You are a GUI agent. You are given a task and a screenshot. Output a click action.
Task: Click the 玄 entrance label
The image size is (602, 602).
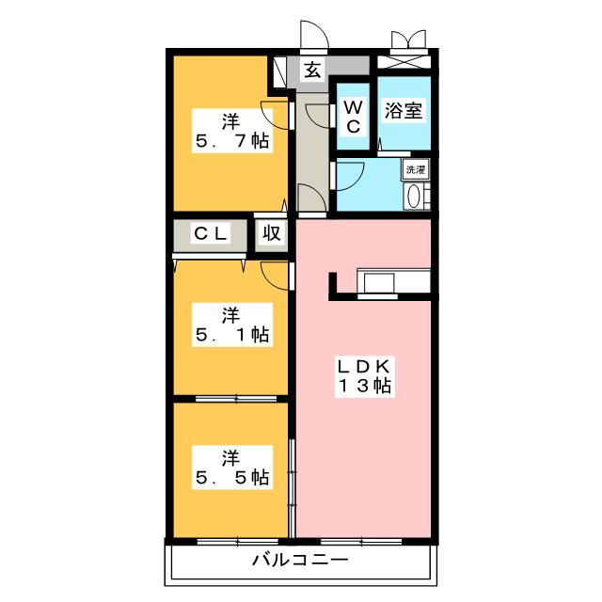311,68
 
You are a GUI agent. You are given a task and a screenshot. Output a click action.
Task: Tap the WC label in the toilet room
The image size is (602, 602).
354,114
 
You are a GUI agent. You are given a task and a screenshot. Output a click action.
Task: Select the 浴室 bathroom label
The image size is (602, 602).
404,110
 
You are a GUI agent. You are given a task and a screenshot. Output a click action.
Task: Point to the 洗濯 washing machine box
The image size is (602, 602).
416,170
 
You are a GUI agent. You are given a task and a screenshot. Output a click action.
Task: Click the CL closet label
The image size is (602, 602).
212,234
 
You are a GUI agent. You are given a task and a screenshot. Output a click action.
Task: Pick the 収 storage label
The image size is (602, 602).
272,234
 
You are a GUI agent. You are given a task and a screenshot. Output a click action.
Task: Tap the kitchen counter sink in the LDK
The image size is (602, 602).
381,282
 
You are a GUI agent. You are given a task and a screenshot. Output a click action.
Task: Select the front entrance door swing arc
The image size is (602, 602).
314,35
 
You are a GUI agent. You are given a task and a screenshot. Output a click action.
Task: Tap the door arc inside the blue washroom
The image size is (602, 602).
351,177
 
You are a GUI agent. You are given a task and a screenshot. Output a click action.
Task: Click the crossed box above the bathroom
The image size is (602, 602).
405,63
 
